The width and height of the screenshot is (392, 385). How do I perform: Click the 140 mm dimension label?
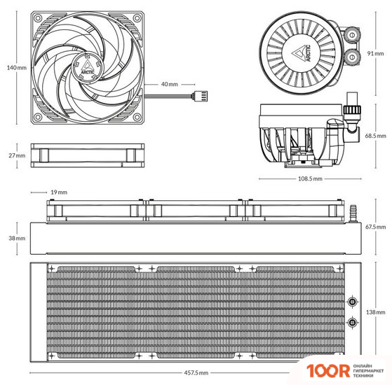coord(17,68)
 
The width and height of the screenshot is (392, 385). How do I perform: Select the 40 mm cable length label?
coord(170,84)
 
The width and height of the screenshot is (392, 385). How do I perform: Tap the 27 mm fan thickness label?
coord(17,155)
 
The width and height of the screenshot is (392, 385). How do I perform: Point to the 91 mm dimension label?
coord(375,53)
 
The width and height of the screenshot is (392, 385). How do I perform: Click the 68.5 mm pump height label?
coord(375,136)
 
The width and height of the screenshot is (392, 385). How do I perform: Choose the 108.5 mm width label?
coord(310,178)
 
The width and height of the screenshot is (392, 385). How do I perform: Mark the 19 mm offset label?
coord(59,192)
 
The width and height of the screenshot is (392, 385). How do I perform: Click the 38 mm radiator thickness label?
coord(17,238)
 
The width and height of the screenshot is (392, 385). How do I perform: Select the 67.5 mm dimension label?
coord(375,227)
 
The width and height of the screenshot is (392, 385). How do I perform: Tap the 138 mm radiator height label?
coord(375,312)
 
